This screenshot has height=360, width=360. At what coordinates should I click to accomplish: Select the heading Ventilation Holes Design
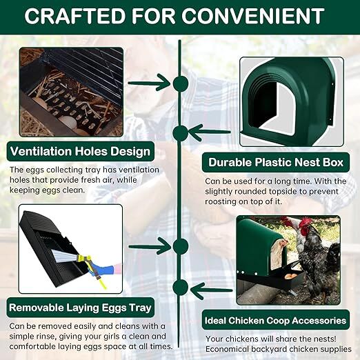coord(80,151)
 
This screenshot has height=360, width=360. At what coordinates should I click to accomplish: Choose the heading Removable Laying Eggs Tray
coord(79,307)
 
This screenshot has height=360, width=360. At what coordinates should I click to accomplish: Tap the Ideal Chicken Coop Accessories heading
coord(275,320)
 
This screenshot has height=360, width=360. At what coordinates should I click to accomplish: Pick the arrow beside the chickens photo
coord(211,290)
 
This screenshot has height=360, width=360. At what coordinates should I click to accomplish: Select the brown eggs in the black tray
coord(292,276)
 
